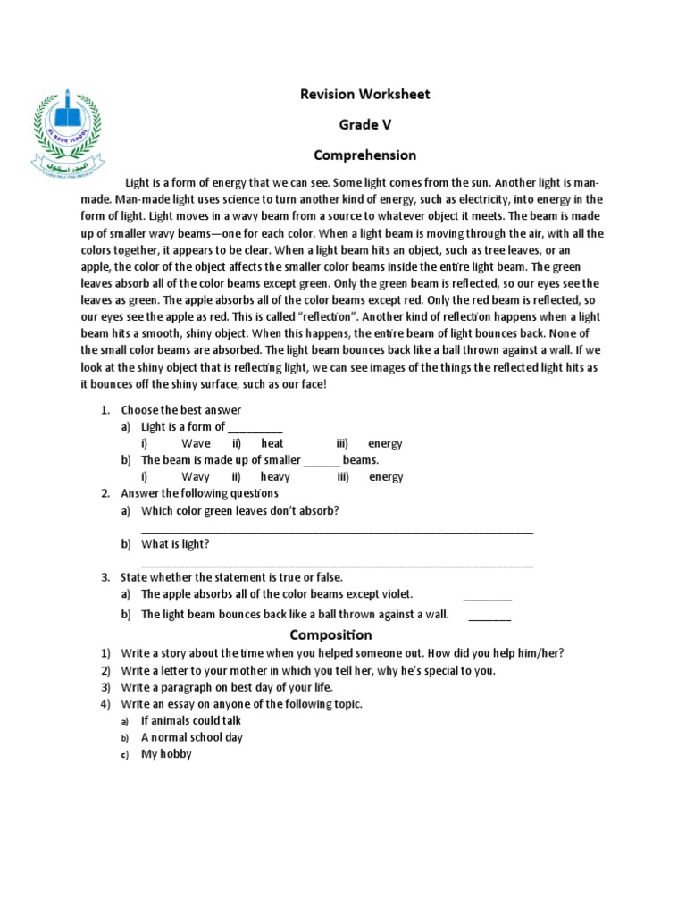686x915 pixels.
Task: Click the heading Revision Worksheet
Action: [364, 95]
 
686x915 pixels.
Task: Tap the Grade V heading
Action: [364, 125]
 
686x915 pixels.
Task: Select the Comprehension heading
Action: [364, 155]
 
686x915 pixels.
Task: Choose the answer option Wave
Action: [196, 443]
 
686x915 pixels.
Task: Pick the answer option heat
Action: [272, 443]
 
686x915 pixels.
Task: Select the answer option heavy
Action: [275, 477]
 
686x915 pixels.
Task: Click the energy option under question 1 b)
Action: [386, 477]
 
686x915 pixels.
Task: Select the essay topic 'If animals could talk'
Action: [191, 720]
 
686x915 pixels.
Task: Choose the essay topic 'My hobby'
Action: [166, 754]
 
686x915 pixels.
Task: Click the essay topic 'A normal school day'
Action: [192, 737]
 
